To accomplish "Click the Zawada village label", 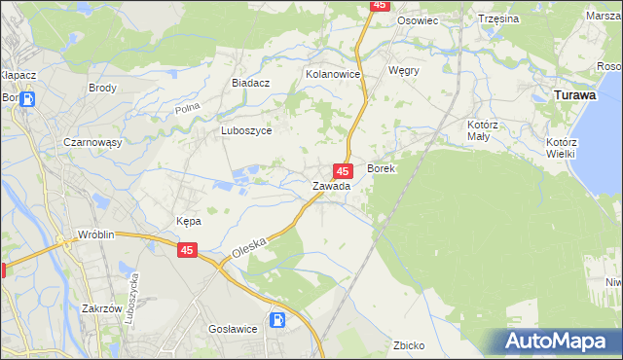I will click(331, 186).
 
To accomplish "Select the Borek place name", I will click(381, 168).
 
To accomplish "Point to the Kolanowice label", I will click(333, 74).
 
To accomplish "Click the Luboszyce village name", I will click(246, 130).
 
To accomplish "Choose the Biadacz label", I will click(250, 84).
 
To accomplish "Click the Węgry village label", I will click(403, 71).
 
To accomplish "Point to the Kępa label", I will click(188, 221).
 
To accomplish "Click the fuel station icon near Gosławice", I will click(278, 318).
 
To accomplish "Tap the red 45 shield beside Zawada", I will click(343, 170).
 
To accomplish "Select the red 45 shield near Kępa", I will click(188, 251).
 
